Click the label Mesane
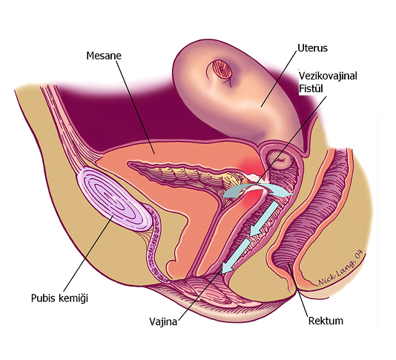[x=104, y=56]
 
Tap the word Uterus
[x=312, y=48]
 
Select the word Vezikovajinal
[x=328, y=76]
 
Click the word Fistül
[x=311, y=89]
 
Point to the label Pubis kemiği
[x=59, y=298]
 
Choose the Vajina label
[x=163, y=321]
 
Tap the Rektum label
[x=326, y=321]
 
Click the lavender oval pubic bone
[x=116, y=199]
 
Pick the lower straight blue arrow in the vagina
[x=235, y=256]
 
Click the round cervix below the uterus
[x=280, y=160]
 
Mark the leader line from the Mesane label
[x=136, y=107]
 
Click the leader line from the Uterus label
[x=279, y=79]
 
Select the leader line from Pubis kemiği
[x=88, y=254]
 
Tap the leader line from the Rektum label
[x=298, y=291]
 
